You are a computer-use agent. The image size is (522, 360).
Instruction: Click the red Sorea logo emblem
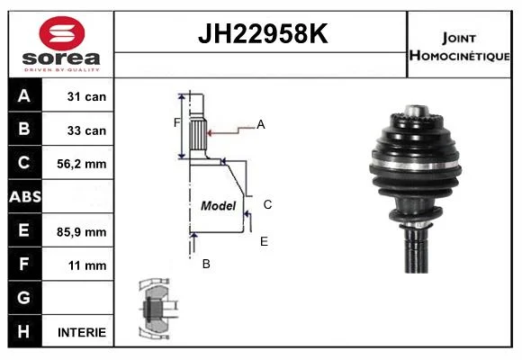(x=62, y=33)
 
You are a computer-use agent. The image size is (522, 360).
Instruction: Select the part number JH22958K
(x=263, y=33)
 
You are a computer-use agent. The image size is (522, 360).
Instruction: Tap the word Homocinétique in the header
(x=459, y=56)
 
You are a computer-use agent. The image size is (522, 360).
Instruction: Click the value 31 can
(x=86, y=96)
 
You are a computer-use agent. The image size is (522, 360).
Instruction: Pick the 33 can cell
(x=86, y=130)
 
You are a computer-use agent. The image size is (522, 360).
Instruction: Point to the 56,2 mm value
(x=82, y=164)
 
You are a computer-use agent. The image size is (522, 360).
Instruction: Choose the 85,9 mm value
(x=82, y=232)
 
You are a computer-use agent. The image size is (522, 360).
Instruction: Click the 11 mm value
(x=87, y=265)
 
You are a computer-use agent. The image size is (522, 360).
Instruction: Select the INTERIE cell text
(x=82, y=332)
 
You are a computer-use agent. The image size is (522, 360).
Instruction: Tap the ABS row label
(x=25, y=196)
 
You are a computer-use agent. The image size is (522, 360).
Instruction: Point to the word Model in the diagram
(x=218, y=206)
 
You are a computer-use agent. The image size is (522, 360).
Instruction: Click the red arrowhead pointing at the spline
(x=210, y=133)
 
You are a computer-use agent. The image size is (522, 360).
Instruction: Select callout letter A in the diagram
(x=261, y=124)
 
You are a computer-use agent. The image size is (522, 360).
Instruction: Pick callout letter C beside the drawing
(x=267, y=204)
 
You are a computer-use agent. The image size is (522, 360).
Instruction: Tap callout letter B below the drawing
(x=206, y=264)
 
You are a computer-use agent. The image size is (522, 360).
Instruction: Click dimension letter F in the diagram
(x=176, y=123)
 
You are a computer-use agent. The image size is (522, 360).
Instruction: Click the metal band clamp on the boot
(x=415, y=165)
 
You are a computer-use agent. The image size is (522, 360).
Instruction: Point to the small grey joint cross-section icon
(x=157, y=309)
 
